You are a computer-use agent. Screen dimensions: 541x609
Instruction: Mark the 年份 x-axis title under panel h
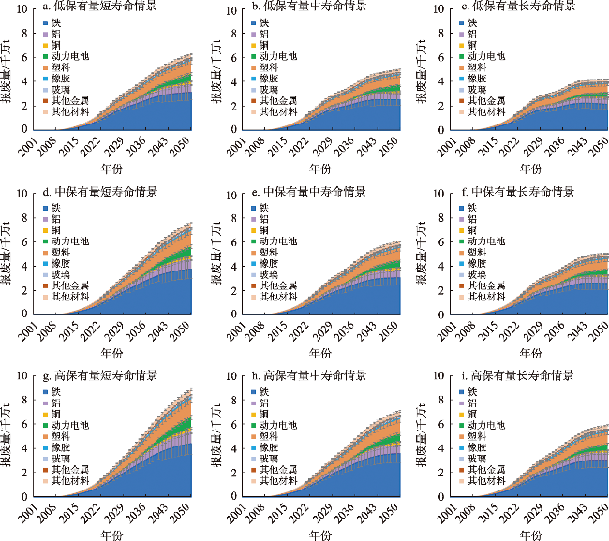click(x=321, y=534)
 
